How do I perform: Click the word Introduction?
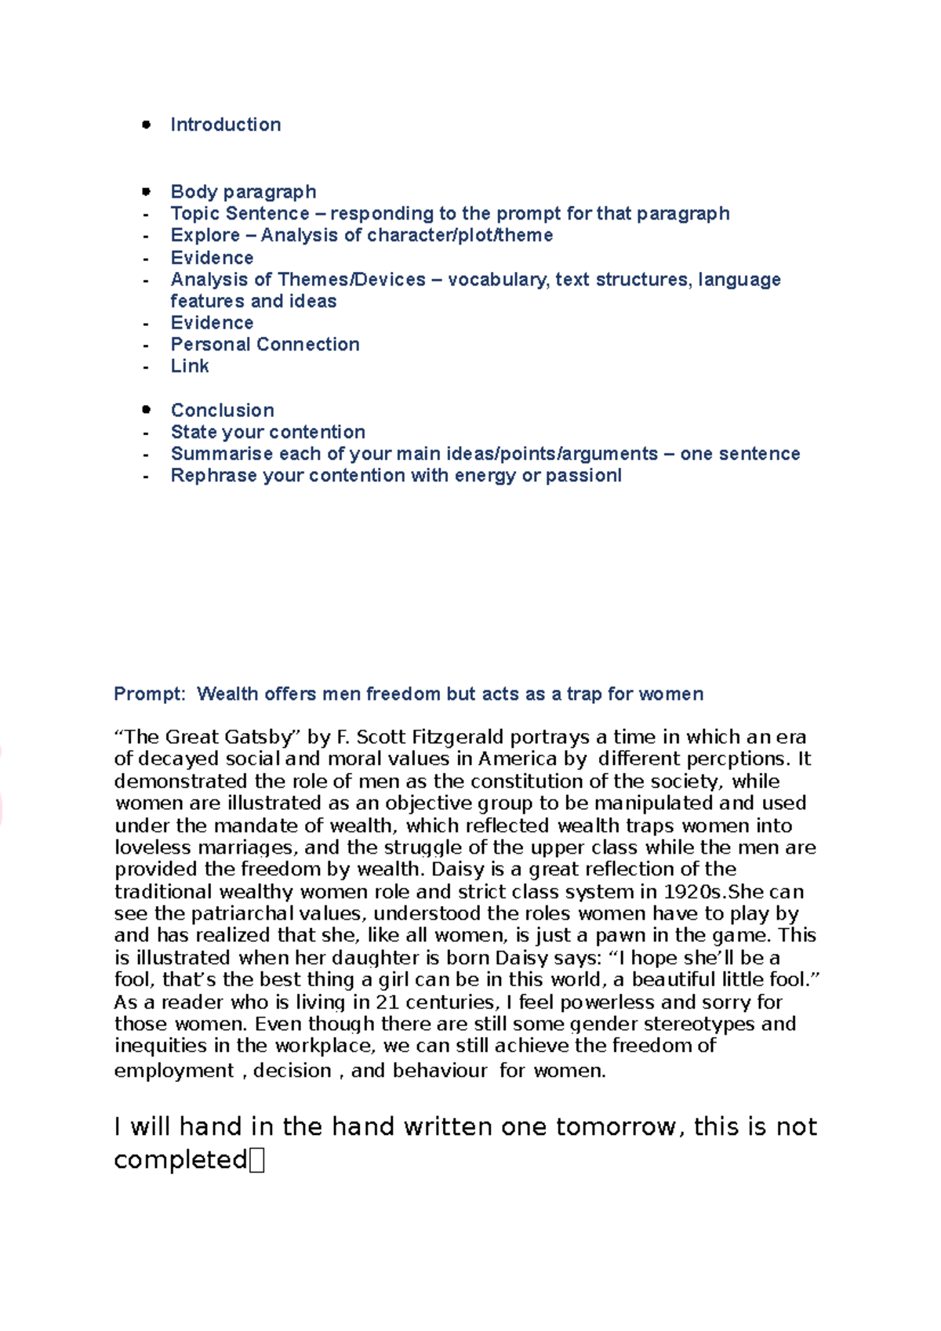tap(225, 125)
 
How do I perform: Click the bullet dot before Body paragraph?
tap(146, 191)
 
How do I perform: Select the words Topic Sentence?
tap(240, 213)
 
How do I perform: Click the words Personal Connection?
tap(265, 344)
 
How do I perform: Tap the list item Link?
tap(190, 366)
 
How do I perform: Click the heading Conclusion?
tap(223, 410)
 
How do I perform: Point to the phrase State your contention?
tap(268, 432)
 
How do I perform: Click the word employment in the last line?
tap(174, 1071)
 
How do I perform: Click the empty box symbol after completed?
tap(257, 1161)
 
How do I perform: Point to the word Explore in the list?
tap(205, 235)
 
